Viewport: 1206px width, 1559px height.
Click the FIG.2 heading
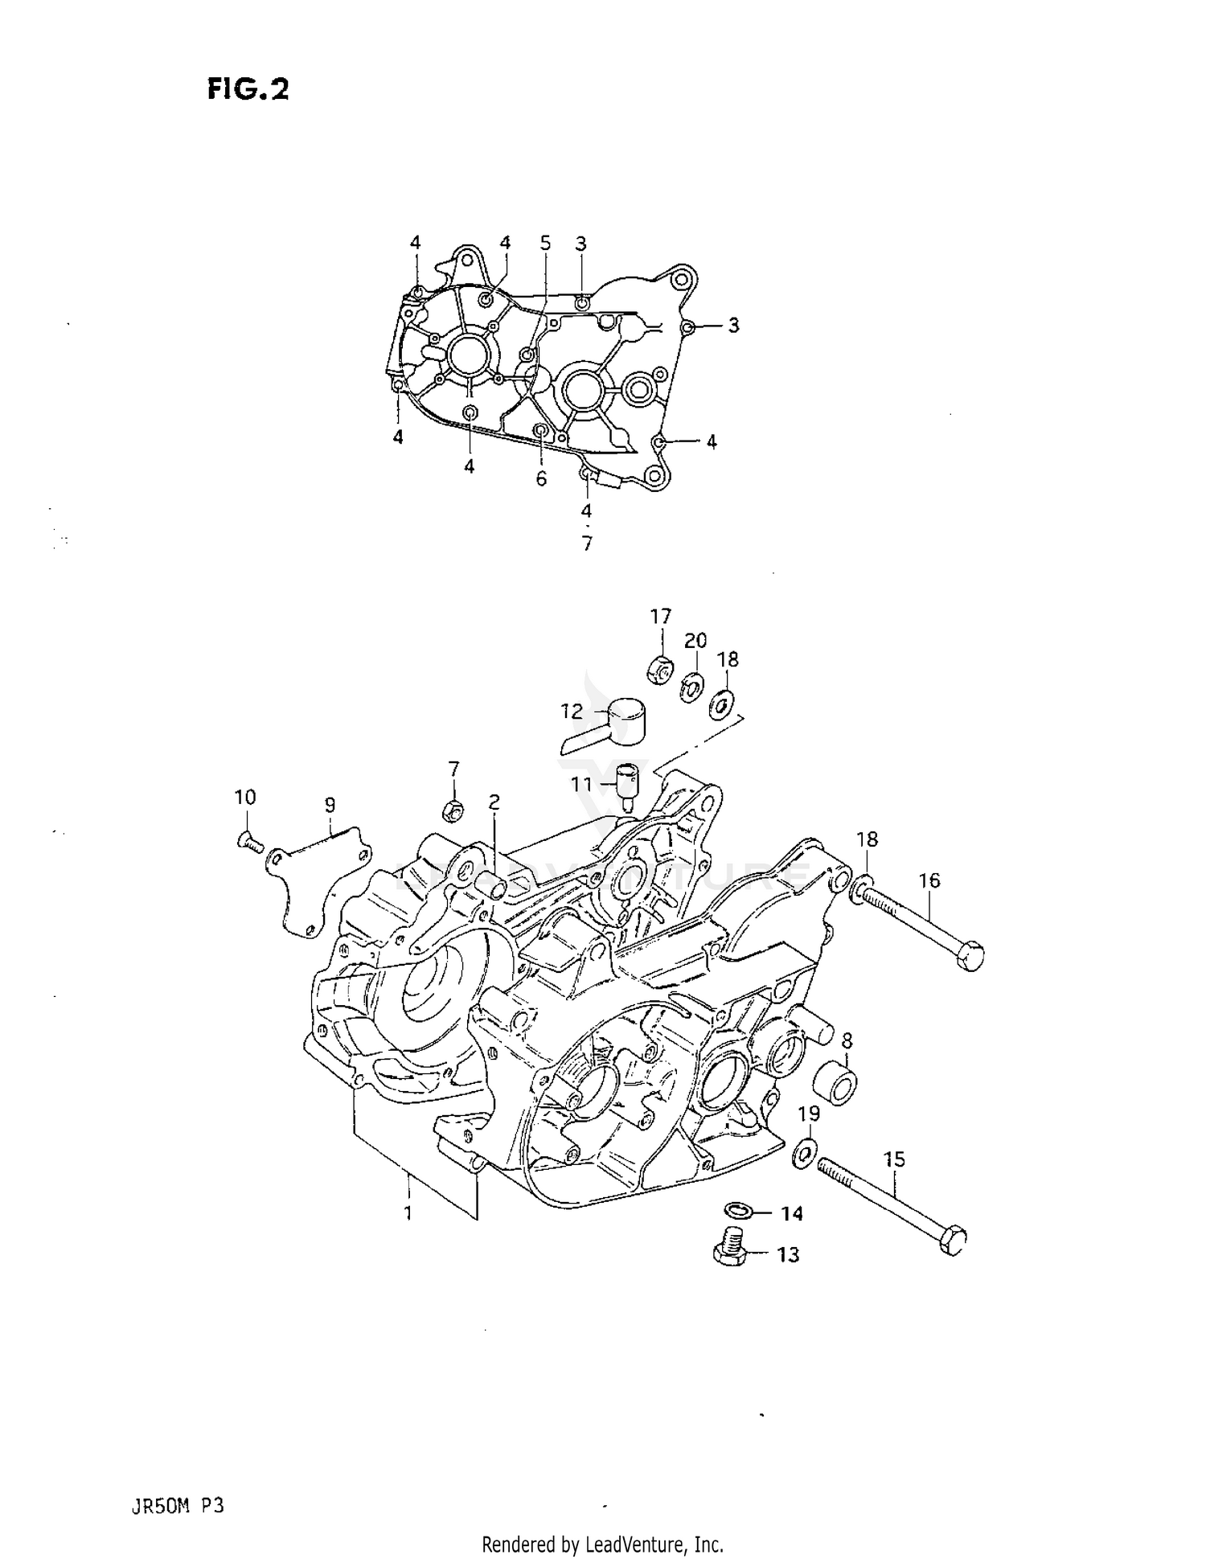coord(248,89)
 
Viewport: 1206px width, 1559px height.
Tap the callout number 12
coord(572,712)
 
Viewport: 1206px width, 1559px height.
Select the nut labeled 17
coord(659,668)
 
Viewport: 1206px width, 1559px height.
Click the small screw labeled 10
coord(248,841)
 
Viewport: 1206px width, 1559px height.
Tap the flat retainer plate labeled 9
coord(318,884)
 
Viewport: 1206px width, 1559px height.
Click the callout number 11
coord(581,784)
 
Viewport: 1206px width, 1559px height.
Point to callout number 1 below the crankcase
coord(408,1213)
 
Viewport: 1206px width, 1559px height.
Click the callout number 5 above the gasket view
coord(545,243)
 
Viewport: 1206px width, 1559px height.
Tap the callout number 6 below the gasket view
coord(541,479)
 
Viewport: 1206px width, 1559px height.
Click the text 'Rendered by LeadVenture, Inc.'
coord(602,1544)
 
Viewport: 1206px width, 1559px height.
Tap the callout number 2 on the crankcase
coord(494,802)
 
